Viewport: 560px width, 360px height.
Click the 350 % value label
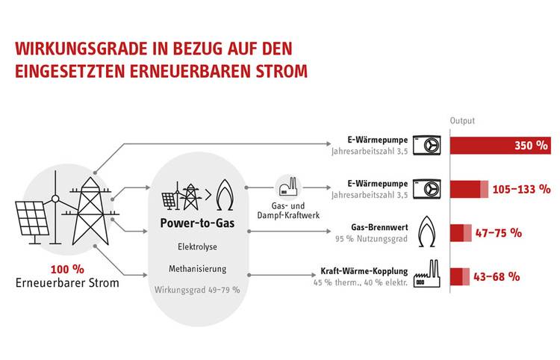click(x=532, y=146)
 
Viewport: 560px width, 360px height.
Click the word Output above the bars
click(x=462, y=120)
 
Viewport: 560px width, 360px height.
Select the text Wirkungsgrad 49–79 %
click(x=197, y=289)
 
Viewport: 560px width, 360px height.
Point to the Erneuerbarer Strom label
click(x=66, y=283)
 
